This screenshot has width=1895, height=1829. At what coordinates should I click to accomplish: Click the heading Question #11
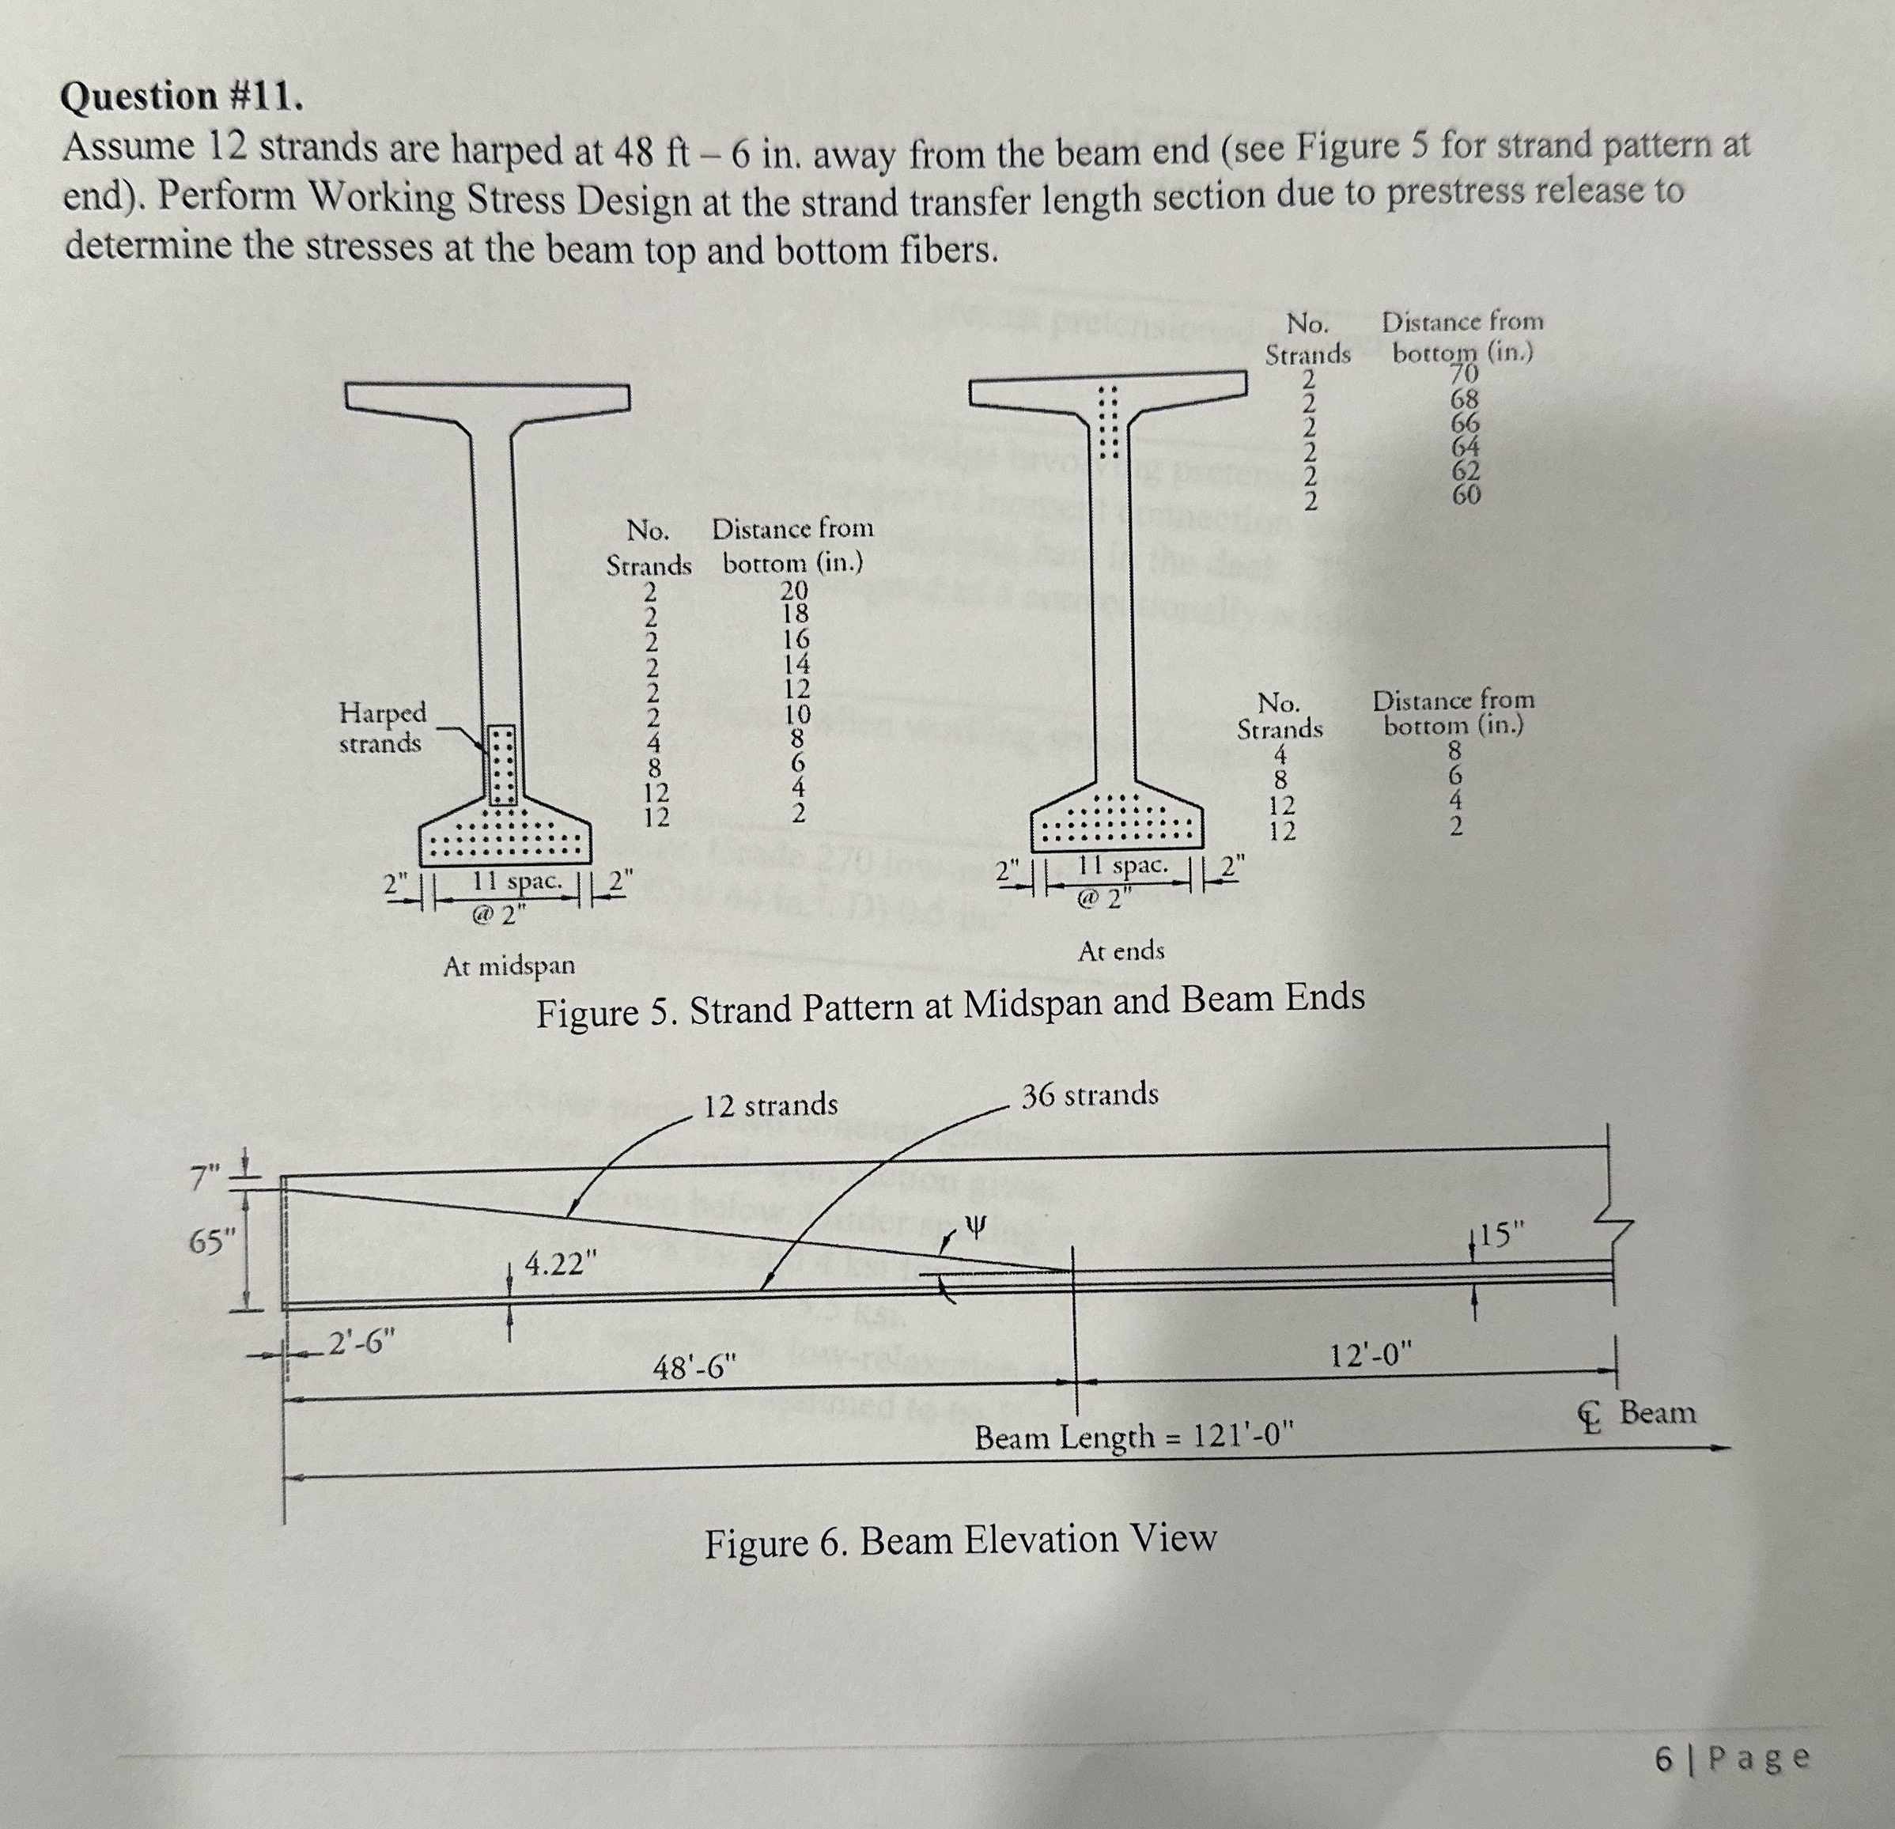pyautogui.click(x=181, y=97)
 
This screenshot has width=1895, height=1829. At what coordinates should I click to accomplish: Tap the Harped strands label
pyautogui.click(x=381, y=728)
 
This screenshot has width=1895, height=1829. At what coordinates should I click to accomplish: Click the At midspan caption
pyautogui.click(x=509, y=965)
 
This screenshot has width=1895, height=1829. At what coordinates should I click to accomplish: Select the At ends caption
pyautogui.click(x=1121, y=951)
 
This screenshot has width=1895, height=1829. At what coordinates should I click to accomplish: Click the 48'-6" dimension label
pyautogui.click(x=694, y=1369)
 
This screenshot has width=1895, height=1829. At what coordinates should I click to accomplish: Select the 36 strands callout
pyautogui.click(x=1090, y=1095)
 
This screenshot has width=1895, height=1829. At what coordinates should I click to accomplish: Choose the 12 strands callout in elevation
pyautogui.click(x=770, y=1105)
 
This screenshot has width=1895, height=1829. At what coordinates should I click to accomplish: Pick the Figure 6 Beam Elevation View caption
pyautogui.click(x=959, y=1541)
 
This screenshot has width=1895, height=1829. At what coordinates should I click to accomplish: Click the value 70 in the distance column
pyautogui.click(x=1465, y=372)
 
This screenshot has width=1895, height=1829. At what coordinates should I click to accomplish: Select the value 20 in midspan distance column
pyautogui.click(x=795, y=590)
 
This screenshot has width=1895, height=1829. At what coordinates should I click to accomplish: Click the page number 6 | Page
pyautogui.click(x=1730, y=1759)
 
